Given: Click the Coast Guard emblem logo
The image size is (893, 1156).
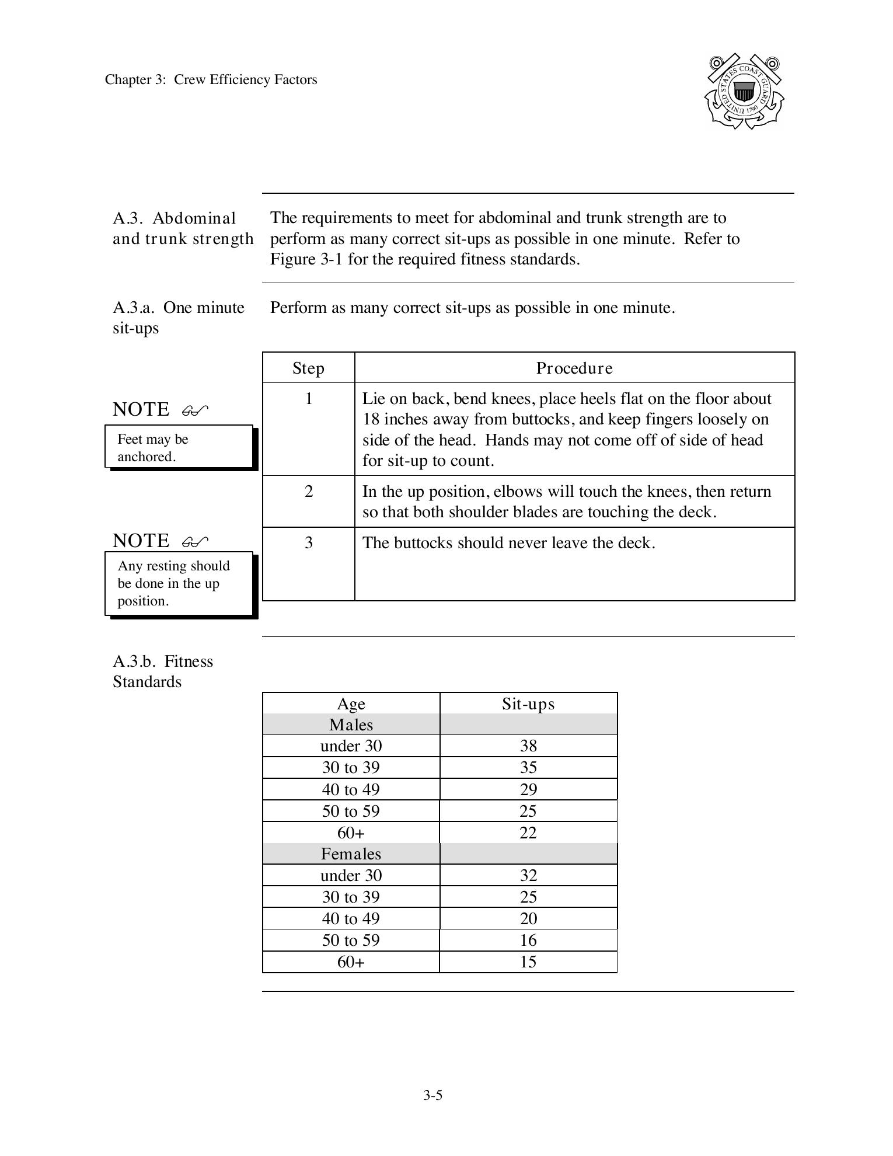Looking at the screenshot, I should [744, 92].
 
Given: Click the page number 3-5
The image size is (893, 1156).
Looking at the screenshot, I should [432, 1095].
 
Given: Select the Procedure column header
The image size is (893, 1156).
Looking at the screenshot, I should [574, 368].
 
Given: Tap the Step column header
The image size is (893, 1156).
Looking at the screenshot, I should [308, 368].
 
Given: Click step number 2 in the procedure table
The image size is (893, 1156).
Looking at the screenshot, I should [308, 492].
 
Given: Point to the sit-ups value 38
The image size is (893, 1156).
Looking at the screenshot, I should [528, 746].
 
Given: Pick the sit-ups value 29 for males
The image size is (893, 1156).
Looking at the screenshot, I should [528, 789].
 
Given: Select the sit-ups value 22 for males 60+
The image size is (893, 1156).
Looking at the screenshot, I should [528, 833].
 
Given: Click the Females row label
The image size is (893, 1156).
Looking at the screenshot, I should [351, 854].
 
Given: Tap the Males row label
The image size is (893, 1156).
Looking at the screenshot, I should [351, 725].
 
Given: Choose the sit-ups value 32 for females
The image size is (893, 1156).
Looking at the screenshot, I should [528, 875].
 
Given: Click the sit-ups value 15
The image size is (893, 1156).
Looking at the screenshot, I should [528, 962].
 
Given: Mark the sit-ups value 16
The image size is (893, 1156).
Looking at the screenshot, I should [528, 940].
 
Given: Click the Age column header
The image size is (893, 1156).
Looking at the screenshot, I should [351, 704].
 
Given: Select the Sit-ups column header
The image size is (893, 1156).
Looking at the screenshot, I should [528, 704].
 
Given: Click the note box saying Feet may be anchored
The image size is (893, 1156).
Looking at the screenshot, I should [179, 447].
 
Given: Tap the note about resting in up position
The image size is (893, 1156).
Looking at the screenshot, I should [179, 583].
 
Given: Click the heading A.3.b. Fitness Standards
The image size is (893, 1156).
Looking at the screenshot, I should [163, 671].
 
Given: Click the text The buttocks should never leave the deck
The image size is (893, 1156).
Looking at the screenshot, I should [508, 543].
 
